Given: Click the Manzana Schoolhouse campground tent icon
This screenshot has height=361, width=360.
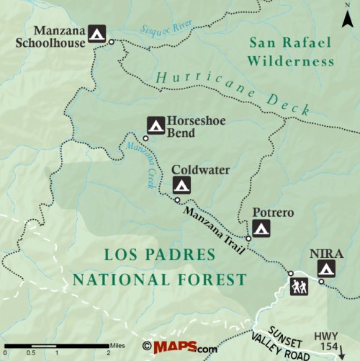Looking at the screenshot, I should pos(98,33).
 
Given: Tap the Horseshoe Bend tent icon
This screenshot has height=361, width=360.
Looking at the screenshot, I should pos(156,124).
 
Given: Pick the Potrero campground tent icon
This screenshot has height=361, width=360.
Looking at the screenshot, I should pos(261,229).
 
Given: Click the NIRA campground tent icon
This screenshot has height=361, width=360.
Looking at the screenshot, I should pos(327,269).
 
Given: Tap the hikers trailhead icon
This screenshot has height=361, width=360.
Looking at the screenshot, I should pos(299,288).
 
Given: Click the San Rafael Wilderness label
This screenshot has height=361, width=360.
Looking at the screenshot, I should pos(290,52).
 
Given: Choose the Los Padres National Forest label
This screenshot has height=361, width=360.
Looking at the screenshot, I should pos(159,267).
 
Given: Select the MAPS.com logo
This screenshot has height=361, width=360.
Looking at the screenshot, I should pos(180,347).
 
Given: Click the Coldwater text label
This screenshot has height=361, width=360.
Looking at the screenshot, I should pos(200,170).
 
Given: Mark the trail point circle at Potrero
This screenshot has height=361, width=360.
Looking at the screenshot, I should pos(248,239).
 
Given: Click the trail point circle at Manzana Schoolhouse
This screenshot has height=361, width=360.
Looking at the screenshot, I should pos(112,43).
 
